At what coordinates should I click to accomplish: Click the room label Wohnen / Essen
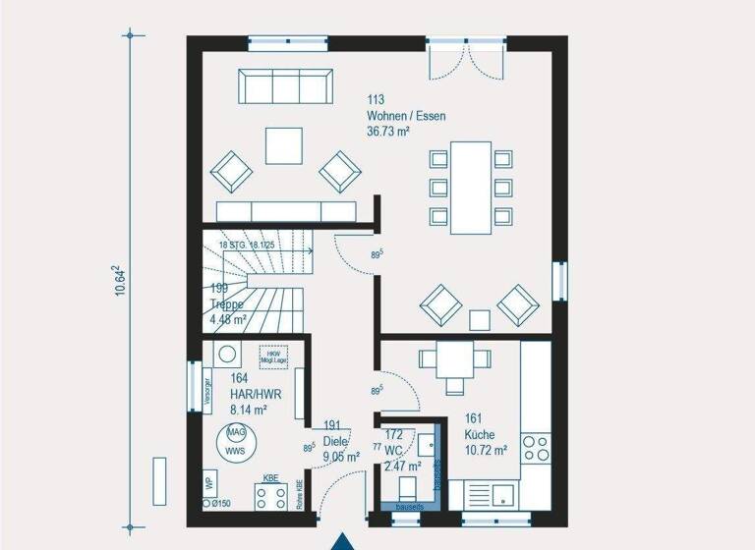(406, 116)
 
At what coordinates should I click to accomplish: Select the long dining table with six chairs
(471, 187)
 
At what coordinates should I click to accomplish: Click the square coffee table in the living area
(284, 146)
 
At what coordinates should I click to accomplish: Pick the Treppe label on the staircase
(228, 303)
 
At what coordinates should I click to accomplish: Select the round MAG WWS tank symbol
(237, 441)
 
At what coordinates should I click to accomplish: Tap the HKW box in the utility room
(273, 357)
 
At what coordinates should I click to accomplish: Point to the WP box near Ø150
(209, 483)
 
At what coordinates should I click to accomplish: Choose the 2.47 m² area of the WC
(402, 467)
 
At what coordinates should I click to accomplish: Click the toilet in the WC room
(406, 488)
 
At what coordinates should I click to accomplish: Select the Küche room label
(481, 434)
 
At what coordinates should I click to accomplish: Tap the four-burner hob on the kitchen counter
(535, 448)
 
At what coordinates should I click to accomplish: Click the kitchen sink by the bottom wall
(503, 493)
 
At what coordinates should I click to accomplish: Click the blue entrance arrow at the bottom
(342, 541)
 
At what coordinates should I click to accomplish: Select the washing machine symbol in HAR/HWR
(227, 355)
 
